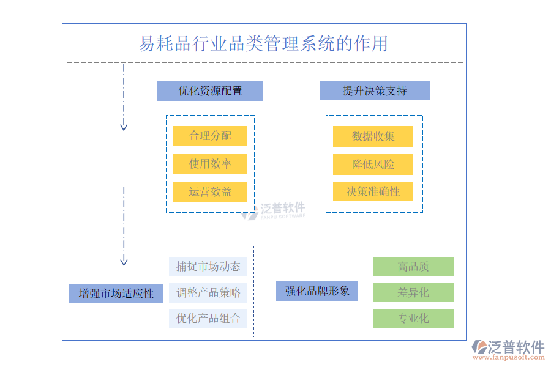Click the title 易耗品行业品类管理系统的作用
[263, 43]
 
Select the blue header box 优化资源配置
[210, 91]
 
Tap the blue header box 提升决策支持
[374, 91]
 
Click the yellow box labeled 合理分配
[210, 136]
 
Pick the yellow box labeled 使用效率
[210, 164]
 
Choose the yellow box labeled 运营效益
[210, 192]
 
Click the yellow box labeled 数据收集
[373, 136]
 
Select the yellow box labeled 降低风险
[373, 165]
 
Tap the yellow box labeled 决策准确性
[373, 191]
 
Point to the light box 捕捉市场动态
[208, 267]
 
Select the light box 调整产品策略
[208, 292]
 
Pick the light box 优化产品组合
[208, 318]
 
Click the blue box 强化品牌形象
[317, 291]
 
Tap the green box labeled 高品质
[413, 267]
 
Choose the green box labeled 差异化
[413, 292]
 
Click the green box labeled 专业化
[413, 318]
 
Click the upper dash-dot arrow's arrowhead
[124, 127]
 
